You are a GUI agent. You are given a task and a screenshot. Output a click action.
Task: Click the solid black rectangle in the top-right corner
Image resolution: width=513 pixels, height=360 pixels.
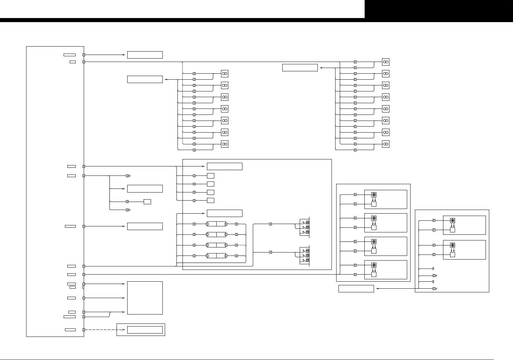(x=439, y=9)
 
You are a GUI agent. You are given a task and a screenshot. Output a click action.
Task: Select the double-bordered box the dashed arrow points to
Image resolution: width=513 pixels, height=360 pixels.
(x=145, y=330)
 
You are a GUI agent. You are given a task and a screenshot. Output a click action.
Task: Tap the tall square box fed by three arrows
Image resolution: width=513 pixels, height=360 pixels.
(x=145, y=298)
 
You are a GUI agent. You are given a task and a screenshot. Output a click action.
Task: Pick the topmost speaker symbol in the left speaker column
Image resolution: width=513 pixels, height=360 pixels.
(x=225, y=74)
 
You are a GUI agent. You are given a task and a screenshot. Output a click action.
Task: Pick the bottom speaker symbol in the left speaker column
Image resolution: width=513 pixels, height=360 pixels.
(x=225, y=144)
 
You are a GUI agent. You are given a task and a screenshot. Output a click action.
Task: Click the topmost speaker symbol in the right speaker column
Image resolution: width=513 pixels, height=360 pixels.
(x=386, y=62)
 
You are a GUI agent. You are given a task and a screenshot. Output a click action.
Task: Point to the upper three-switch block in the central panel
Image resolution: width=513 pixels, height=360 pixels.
(x=305, y=227)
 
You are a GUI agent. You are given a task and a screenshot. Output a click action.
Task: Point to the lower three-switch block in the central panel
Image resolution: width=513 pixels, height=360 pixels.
(x=305, y=255)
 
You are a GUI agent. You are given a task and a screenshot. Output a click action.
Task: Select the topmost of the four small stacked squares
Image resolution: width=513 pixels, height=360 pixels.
(x=211, y=176)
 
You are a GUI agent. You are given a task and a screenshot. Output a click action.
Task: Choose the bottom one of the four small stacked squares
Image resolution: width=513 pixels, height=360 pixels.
(x=211, y=201)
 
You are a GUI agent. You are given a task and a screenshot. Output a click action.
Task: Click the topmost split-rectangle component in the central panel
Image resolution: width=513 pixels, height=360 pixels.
(x=216, y=224)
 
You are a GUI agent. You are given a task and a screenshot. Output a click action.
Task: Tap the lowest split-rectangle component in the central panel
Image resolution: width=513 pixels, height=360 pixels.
(x=216, y=256)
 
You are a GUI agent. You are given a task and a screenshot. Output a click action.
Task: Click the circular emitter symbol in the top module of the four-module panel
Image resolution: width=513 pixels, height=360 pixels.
(x=374, y=195)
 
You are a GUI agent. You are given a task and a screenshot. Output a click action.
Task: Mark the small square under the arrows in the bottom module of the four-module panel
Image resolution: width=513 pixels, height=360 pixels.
(x=374, y=275)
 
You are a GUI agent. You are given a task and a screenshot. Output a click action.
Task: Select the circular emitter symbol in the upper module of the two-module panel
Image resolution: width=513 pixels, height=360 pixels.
(x=452, y=221)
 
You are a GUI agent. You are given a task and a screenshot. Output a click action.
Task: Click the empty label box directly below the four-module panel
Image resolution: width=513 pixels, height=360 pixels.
(x=356, y=289)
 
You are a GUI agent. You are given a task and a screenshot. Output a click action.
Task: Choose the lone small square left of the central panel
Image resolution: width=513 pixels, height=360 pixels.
(x=147, y=202)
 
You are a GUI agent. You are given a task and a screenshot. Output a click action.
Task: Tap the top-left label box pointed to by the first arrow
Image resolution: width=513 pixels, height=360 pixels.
(x=145, y=55)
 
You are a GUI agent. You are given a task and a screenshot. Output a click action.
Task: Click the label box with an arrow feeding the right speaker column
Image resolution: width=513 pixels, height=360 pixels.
(x=300, y=68)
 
